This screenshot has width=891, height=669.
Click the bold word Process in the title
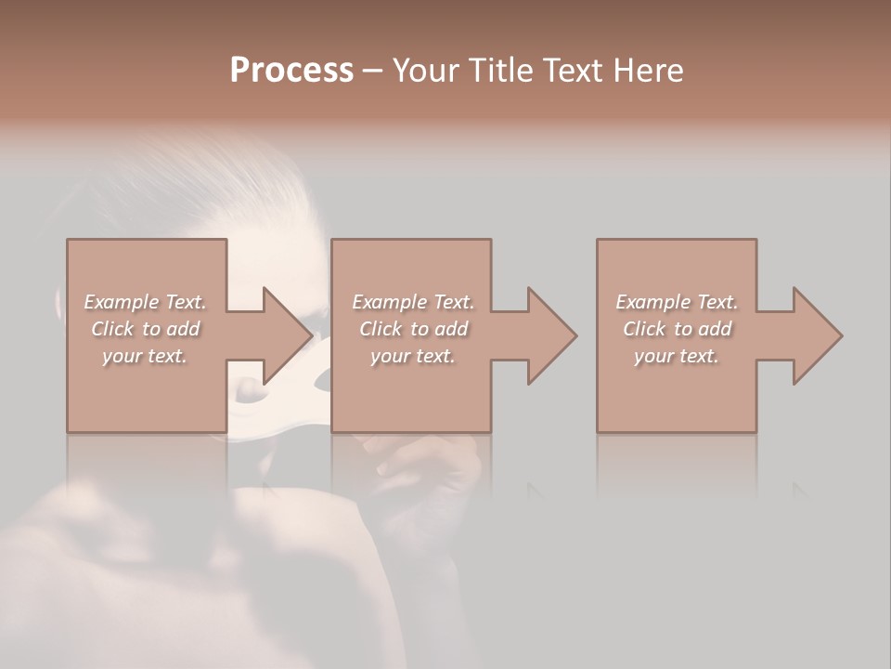[x=291, y=71]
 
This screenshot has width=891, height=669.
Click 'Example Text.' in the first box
[x=146, y=302]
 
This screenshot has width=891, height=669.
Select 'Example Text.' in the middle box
[x=413, y=302]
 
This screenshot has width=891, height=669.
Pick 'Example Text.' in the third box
[x=677, y=302]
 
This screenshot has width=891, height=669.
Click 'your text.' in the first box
[x=146, y=356]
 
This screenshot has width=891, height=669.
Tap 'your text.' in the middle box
[x=413, y=356]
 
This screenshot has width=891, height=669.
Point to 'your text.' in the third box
[x=677, y=356]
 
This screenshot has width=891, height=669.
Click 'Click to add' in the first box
[x=146, y=329]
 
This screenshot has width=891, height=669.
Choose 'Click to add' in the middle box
[x=413, y=329]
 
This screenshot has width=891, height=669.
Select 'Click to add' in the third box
[x=677, y=329]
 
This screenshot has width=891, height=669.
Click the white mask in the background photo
[x=321, y=375]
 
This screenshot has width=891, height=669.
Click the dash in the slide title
[x=373, y=72]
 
